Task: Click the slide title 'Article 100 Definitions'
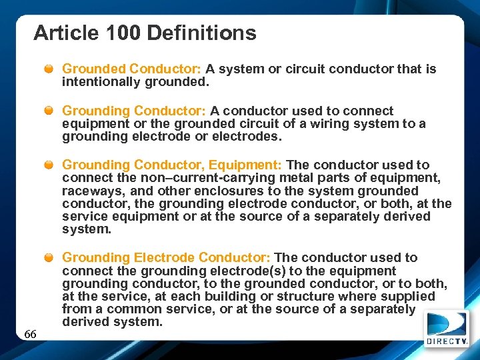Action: (x=145, y=33)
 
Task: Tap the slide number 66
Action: (x=30, y=334)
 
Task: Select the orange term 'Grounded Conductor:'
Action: (x=131, y=69)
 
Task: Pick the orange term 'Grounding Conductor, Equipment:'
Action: (x=173, y=165)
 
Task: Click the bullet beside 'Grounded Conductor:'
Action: (x=50, y=69)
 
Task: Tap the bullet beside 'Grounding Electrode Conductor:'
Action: (x=50, y=257)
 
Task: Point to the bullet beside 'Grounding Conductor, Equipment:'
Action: (x=50, y=165)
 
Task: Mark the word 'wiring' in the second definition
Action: (x=325, y=124)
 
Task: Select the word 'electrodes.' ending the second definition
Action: (x=247, y=137)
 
